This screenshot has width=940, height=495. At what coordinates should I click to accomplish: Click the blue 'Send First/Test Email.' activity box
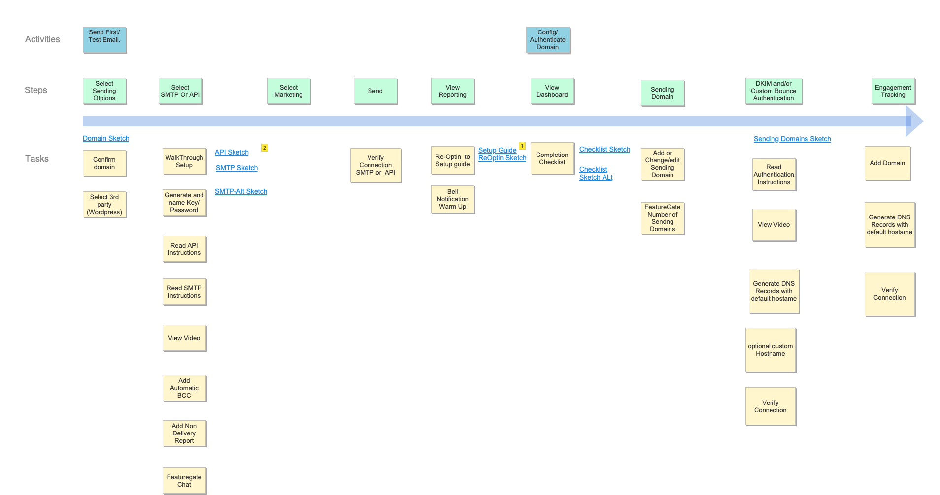(x=104, y=39)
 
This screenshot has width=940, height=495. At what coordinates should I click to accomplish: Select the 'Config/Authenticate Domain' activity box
(x=548, y=40)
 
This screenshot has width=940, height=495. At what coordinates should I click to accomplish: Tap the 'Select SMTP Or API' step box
(x=180, y=91)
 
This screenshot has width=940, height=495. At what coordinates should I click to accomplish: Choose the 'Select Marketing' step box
(x=289, y=91)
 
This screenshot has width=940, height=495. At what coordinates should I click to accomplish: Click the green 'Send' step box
(x=375, y=91)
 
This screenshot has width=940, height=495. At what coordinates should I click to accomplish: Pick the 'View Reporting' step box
(x=453, y=91)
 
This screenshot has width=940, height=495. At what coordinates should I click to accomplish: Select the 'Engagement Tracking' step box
(x=893, y=91)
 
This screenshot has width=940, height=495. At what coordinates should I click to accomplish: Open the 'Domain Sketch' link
(x=106, y=138)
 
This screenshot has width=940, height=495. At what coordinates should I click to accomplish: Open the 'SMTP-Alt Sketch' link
(x=241, y=191)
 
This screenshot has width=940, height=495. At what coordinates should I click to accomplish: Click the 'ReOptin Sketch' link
(x=502, y=158)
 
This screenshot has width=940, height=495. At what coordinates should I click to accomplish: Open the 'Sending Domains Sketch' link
(x=792, y=139)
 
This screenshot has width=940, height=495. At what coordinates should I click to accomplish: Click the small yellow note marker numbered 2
(x=265, y=148)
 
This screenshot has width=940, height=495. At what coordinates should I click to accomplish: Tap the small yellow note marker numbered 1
(x=522, y=146)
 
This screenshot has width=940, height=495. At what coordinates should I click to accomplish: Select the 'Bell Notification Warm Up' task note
(x=453, y=199)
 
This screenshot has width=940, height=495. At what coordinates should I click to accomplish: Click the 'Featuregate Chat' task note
(x=184, y=481)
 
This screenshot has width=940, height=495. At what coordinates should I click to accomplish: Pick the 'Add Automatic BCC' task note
(x=184, y=388)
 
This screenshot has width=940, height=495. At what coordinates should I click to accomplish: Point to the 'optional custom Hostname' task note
(x=771, y=350)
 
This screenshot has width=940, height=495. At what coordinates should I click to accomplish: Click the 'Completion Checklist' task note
(x=552, y=158)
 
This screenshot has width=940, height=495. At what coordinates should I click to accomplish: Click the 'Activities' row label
(x=42, y=39)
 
